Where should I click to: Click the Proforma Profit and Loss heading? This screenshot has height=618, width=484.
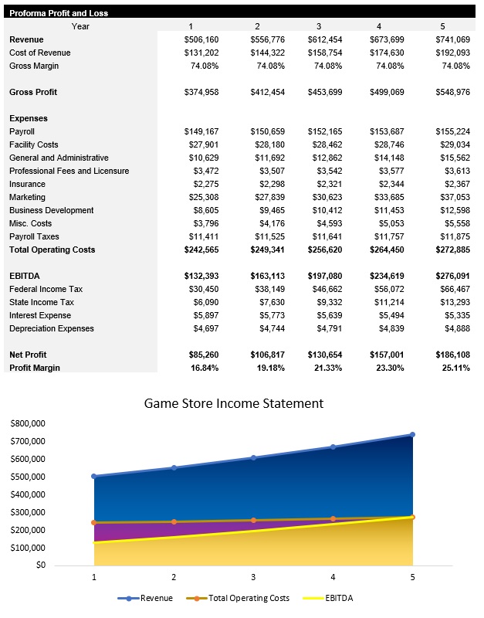59,13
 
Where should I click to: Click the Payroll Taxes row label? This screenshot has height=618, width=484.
39,236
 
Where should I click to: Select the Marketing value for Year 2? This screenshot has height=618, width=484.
267,197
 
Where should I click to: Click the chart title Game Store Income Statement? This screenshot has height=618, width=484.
234,403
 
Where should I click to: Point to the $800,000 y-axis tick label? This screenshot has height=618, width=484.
27,423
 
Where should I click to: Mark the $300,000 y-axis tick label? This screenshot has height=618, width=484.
27,512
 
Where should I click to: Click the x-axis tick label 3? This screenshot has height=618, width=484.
253,577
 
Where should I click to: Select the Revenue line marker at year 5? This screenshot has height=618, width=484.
413,435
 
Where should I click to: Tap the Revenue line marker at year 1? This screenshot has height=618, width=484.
94,477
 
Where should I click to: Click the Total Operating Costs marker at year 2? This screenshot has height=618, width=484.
174,521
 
